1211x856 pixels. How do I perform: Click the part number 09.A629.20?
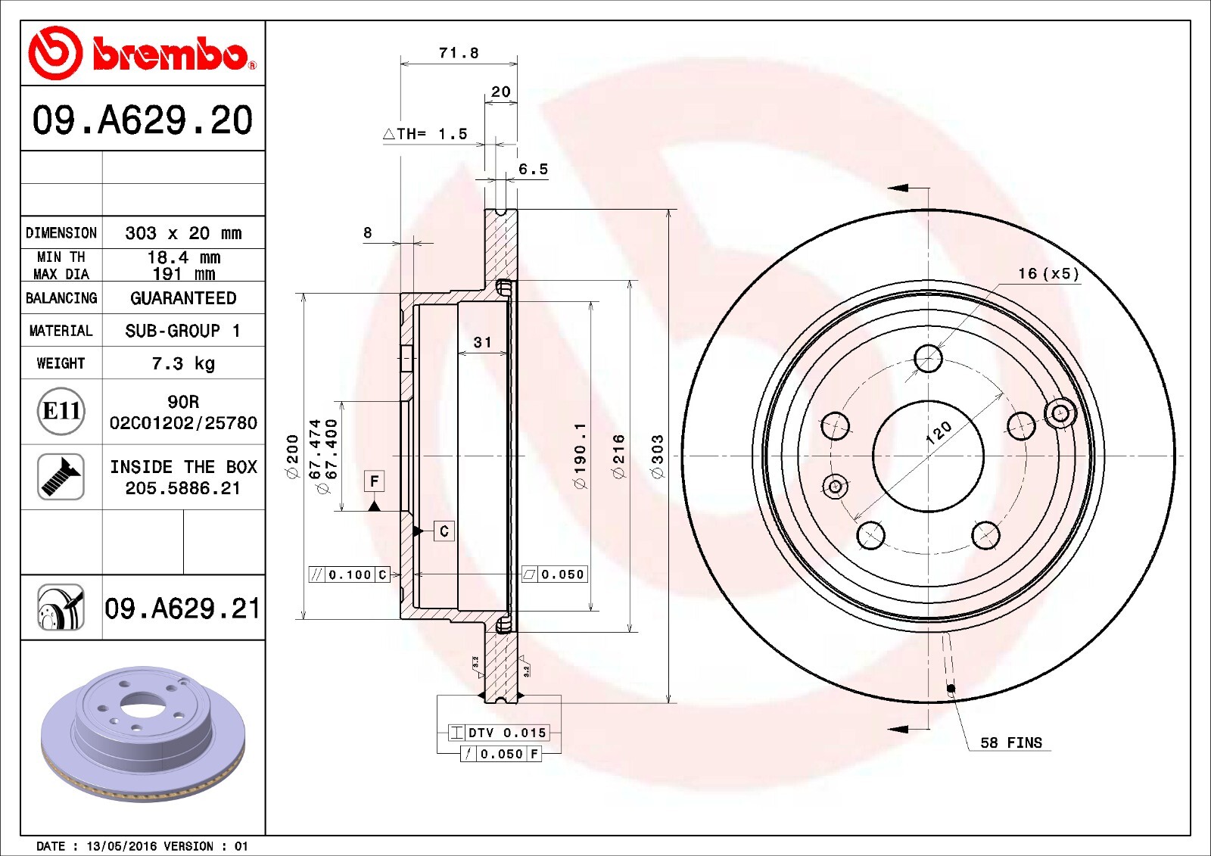point(142,120)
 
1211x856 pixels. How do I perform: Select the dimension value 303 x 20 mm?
point(183,233)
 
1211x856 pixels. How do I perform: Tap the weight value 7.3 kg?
point(183,363)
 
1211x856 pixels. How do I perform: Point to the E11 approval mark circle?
point(61,411)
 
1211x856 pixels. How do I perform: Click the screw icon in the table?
point(61,477)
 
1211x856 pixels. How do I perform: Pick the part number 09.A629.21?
point(182,609)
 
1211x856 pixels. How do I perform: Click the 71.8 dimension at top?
point(459,53)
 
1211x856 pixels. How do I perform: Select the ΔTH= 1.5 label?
point(425,134)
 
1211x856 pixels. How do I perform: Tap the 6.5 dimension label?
point(533,170)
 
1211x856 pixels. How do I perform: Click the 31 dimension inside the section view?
point(482,343)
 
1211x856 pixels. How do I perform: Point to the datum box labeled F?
point(374,481)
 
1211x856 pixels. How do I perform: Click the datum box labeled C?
point(444,531)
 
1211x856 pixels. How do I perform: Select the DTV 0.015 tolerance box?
point(499,733)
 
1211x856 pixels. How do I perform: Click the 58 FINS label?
point(1011,743)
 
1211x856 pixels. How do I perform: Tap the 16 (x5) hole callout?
point(1048,273)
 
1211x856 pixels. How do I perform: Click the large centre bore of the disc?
point(928,456)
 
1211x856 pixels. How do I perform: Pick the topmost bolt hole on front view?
point(928,358)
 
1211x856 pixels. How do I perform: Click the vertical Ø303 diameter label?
point(657,456)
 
